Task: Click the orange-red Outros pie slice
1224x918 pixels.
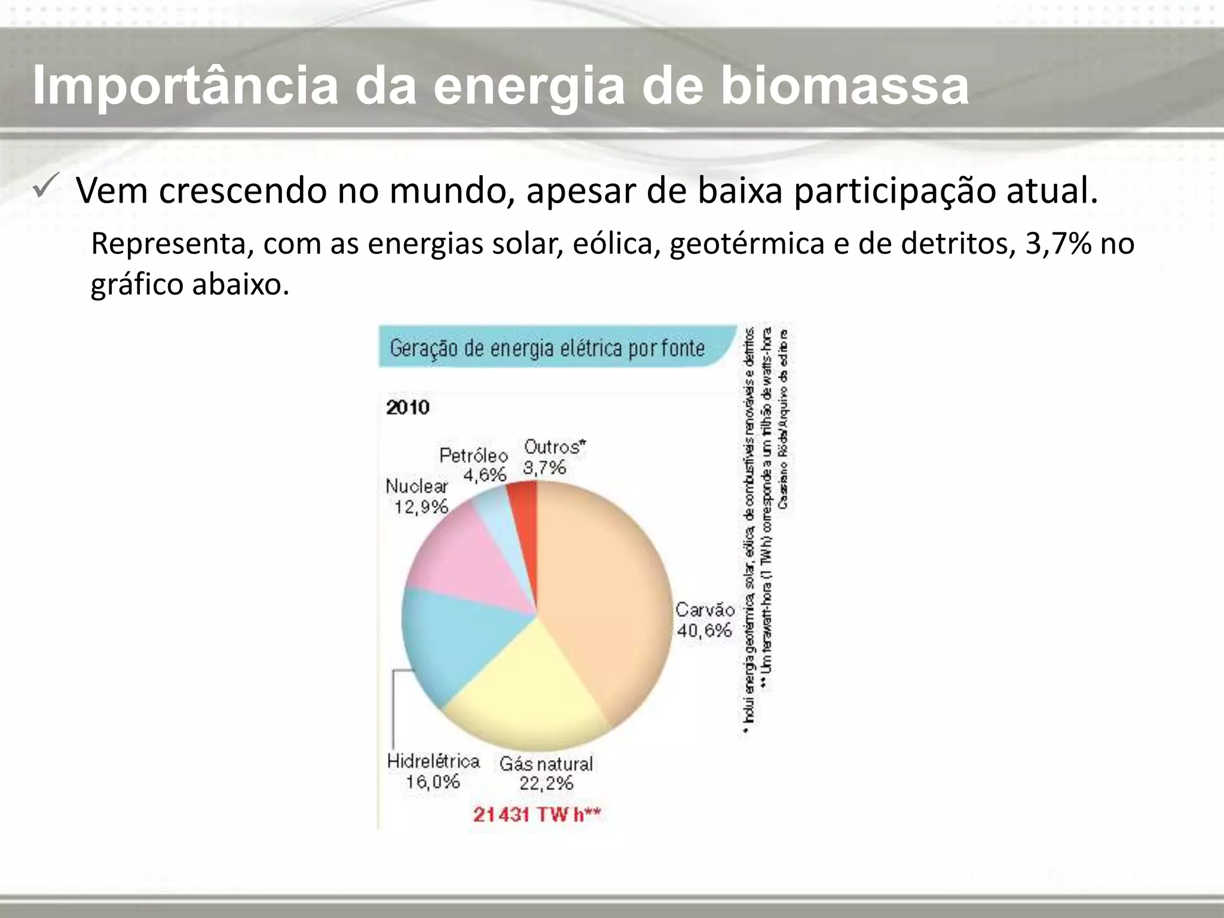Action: click(x=524, y=508)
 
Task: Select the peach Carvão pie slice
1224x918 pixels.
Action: click(x=604, y=598)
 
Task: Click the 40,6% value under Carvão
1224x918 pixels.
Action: click(x=704, y=630)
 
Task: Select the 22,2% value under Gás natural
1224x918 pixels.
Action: click(x=546, y=783)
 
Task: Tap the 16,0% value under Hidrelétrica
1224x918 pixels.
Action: click(x=433, y=781)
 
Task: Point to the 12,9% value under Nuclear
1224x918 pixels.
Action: click(x=421, y=507)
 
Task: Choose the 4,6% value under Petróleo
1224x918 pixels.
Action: click(x=485, y=475)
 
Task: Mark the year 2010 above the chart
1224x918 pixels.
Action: click(x=408, y=408)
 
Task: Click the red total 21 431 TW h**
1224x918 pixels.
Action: click(x=537, y=815)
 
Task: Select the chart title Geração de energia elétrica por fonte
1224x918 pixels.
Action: click(x=547, y=348)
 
